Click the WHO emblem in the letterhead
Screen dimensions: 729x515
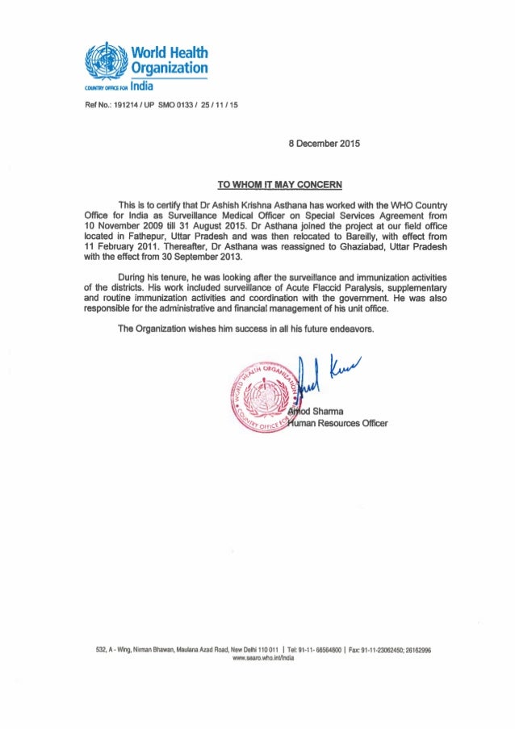(x=106, y=60)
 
